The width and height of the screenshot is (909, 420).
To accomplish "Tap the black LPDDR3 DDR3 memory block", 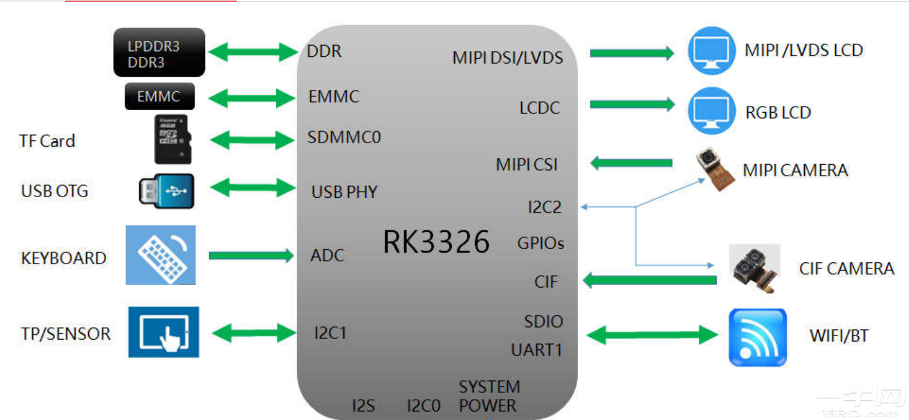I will click(x=159, y=53).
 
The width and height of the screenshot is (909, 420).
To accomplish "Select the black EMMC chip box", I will click(x=159, y=96).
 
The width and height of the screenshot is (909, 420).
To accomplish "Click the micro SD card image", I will click(x=173, y=139).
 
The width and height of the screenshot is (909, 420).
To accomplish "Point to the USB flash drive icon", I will click(x=167, y=191).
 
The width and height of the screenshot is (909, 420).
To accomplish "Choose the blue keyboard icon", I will click(x=161, y=255).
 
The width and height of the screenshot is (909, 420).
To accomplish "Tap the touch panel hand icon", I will click(x=164, y=332).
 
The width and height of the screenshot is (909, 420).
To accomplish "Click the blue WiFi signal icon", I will click(x=757, y=337).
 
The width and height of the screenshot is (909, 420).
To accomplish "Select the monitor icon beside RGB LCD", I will click(x=711, y=111).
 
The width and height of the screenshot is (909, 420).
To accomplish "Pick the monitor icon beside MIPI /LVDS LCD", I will click(x=711, y=50).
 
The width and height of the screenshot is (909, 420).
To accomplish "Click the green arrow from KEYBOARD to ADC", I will click(x=251, y=256).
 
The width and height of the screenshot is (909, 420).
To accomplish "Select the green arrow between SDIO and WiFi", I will click(x=652, y=335).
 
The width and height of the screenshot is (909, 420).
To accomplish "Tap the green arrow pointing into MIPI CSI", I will click(x=632, y=163).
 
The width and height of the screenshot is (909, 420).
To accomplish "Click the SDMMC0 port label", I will click(x=344, y=138).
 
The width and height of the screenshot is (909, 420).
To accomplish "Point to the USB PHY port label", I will click(x=345, y=192).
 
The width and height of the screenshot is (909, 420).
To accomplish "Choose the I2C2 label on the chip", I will click(x=545, y=207).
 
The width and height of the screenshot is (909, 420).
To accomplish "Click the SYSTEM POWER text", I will click(x=489, y=396).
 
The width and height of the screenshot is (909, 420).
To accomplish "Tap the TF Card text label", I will click(x=47, y=141).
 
